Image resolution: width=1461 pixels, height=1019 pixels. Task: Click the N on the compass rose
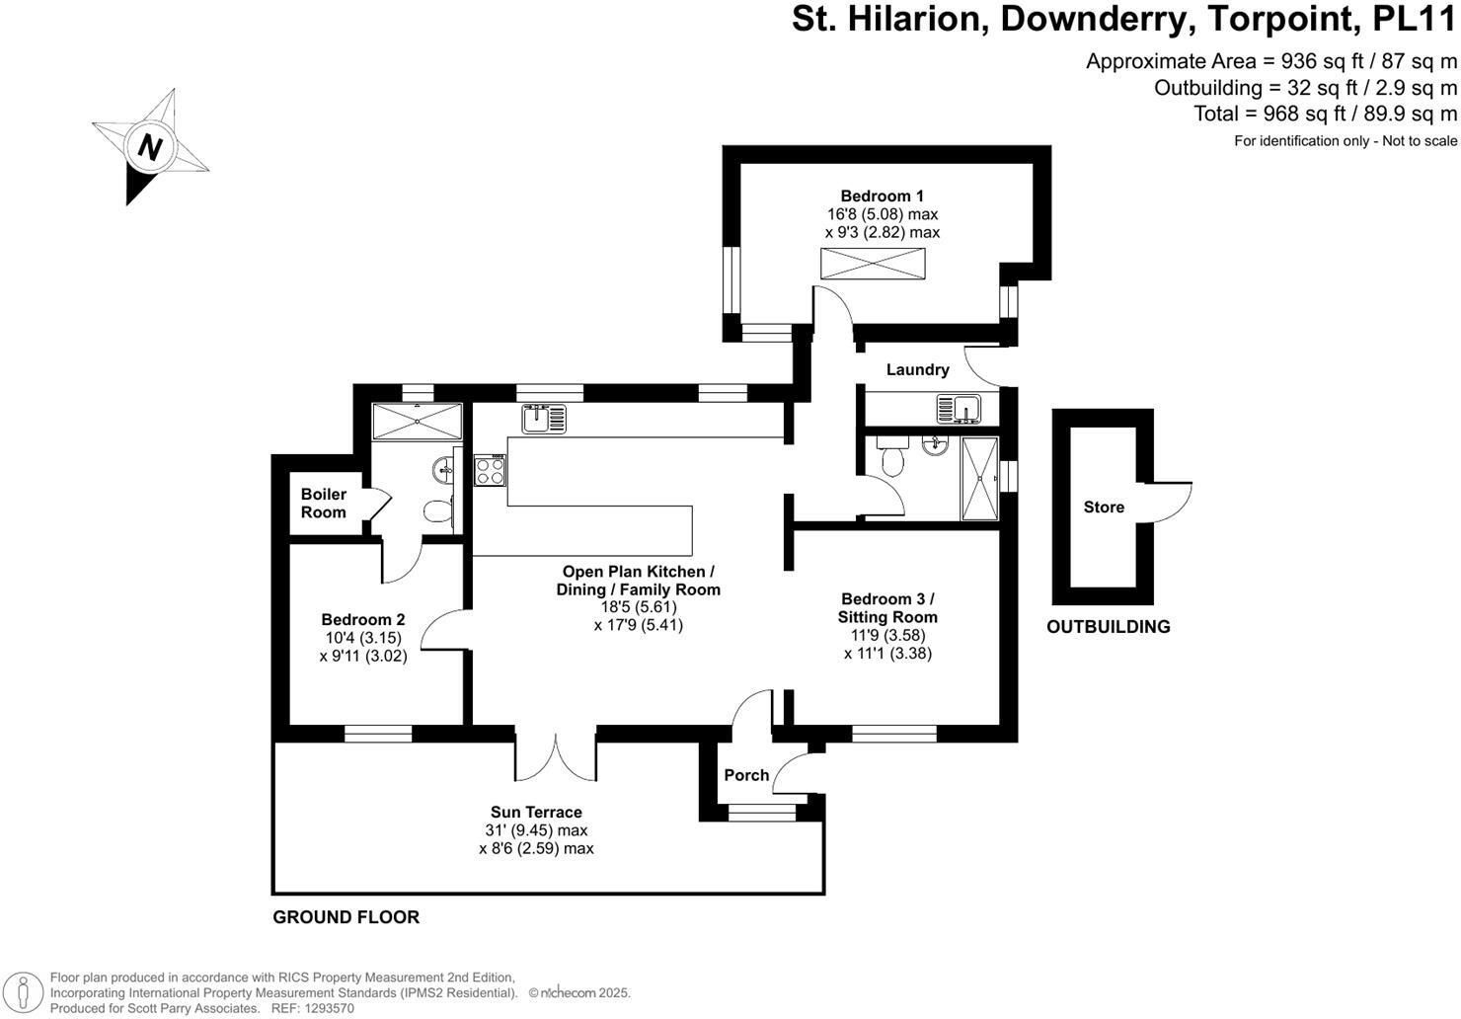click(150, 147)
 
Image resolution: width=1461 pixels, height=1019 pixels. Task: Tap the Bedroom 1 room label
click(882, 196)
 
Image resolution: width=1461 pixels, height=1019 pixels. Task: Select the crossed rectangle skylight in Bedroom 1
click(873, 264)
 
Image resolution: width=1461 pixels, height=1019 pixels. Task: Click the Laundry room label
click(917, 370)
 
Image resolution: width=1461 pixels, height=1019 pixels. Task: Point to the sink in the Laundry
click(959, 409)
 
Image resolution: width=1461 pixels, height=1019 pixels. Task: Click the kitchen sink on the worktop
click(544, 419)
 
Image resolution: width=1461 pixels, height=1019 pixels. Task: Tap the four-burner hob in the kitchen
click(490, 470)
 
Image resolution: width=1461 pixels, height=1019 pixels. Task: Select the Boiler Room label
click(324, 503)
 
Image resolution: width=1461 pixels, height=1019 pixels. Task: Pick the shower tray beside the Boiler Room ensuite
click(417, 422)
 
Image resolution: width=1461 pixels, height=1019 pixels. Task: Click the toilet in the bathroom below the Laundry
click(892, 456)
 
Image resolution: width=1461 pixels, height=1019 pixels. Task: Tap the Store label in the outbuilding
click(1104, 507)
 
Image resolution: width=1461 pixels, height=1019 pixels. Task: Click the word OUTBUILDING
click(1109, 626)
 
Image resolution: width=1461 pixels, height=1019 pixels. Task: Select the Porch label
click(746, 775)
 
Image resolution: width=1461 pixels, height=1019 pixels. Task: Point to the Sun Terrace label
click(536, 813)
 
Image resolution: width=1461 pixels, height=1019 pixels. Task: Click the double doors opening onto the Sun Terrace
click(556, 756)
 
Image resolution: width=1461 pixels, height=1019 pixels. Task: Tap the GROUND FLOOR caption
click(346, 917)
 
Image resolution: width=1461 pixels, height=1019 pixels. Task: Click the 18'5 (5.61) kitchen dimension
click(639, 607)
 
